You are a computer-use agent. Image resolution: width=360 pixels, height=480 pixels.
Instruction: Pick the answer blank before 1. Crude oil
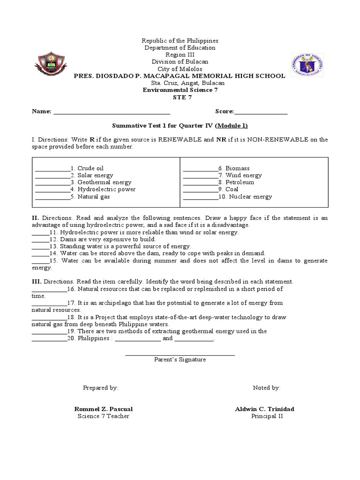pyautogui.click(x=52, y=170)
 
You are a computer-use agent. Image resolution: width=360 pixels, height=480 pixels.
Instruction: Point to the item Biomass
pyautogui.click(x=237, y=168)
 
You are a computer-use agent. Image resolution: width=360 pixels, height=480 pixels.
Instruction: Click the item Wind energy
pyautogui.click(x=243, y=175)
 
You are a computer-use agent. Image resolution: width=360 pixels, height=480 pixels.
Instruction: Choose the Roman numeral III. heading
pyautogui.click(x=37, y=282)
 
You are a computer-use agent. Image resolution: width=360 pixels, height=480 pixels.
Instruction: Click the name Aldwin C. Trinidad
pyautogui.click(x=264, y=409)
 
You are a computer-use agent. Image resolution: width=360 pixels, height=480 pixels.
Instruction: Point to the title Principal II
pyautogui.click(x=267, y=416)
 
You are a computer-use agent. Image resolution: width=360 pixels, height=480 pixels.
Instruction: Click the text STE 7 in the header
pyautogui.click(x=180, y=97)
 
